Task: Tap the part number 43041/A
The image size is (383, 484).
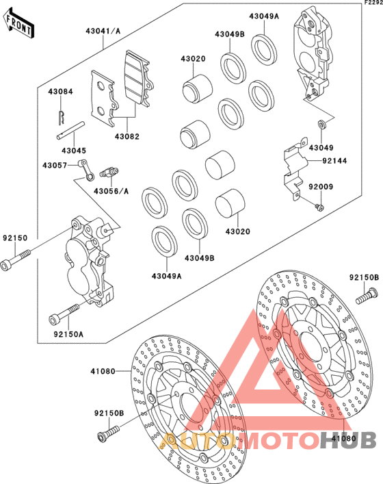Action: click(103, 31)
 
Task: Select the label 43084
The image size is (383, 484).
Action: click(60, 92)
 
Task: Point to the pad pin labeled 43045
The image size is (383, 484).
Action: click(70, 131)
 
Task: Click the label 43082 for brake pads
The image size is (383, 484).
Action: click(127, 136)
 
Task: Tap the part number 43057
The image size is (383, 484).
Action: click(55, 166)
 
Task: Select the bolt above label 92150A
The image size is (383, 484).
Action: click(64, 314)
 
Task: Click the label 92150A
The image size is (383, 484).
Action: click(68, 334)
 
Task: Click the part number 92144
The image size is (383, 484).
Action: click(334, 161)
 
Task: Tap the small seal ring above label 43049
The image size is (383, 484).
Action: click(322, 125)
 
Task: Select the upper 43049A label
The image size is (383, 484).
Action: click(264, 16)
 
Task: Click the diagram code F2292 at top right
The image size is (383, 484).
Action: click(373, 3)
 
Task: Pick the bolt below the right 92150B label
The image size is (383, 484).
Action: click(367, 296)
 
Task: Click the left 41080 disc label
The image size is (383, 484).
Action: click(103, 371)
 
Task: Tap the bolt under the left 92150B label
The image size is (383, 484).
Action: click(108, 433)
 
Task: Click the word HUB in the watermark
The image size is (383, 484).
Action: click(348, 440)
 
